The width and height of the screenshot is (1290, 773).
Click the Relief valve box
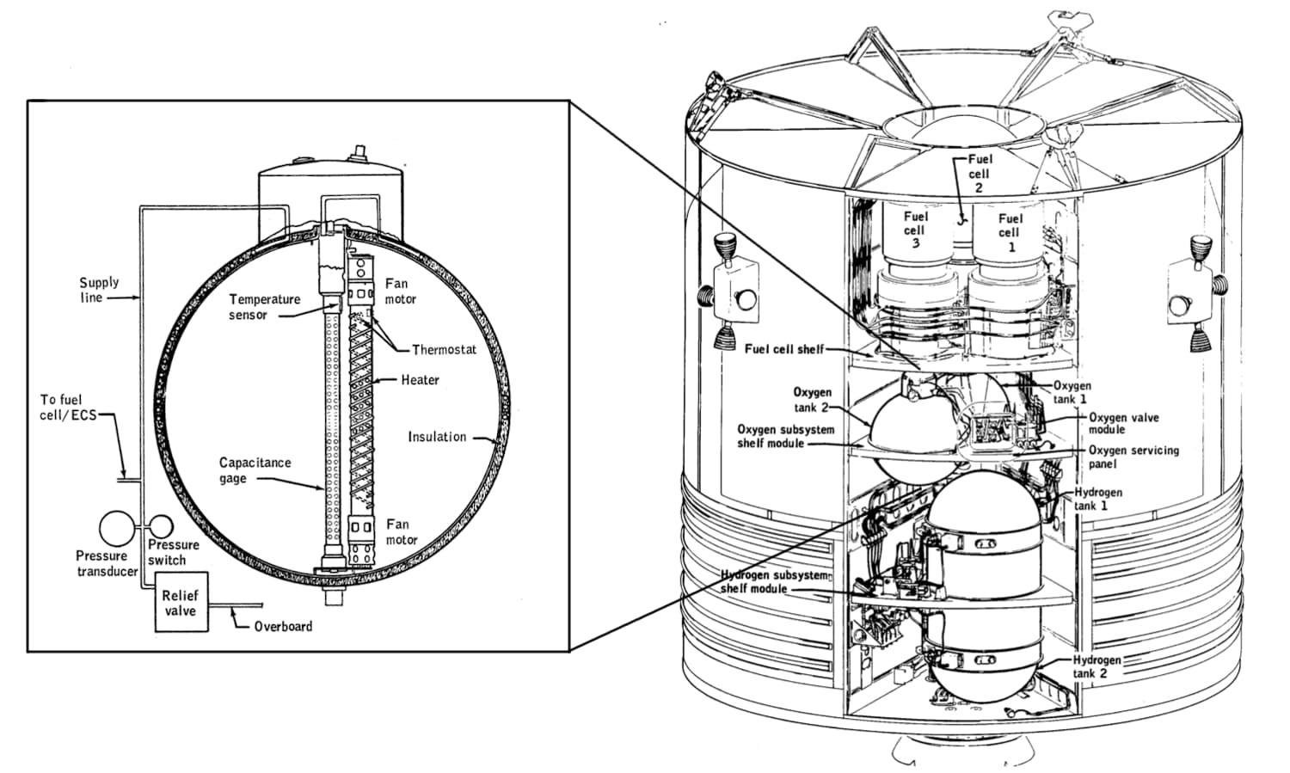181,603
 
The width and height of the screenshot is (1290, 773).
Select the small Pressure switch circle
161,526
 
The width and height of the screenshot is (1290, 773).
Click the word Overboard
283,626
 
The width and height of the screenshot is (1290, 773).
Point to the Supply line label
98,290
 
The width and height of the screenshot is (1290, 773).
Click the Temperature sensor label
263,307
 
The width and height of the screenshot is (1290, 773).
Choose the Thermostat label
444,349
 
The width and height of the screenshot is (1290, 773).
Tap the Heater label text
420,379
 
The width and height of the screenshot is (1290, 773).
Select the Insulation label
437,437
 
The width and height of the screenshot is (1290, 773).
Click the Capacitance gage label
255,470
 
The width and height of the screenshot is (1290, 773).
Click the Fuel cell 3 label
916,230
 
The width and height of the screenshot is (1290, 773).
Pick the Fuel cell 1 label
1010,233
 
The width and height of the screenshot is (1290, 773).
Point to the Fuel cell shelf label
783,349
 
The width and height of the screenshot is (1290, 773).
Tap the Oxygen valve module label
1123,423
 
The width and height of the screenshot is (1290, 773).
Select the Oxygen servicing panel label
1133,457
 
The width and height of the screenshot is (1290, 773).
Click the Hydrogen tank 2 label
1096,666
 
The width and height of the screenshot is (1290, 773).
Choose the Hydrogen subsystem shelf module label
774,581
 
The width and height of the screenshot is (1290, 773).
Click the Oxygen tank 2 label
812,400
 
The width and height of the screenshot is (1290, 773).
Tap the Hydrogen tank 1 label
1097,499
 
